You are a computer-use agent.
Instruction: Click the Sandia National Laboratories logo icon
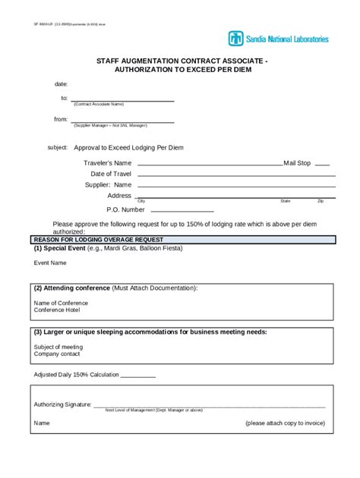(x=236, y=39)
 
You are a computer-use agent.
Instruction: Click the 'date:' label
(x=62, y=83)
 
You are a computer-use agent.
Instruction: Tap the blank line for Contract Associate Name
(x=123, y=100)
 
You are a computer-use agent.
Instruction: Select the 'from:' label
(x=61, y=119)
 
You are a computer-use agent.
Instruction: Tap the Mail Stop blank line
(x=322, y=164)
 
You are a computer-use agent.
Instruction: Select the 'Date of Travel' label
(x=111, y=174)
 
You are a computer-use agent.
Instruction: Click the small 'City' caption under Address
(x=141, y=201)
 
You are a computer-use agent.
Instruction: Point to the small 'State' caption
(x=286, y=201)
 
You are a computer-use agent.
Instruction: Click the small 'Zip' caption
(x=321, y=201)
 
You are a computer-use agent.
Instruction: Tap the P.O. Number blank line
(x=181, y=210)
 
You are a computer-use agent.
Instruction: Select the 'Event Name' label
(x=50, y=263)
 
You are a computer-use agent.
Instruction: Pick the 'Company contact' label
(x=55, y=354)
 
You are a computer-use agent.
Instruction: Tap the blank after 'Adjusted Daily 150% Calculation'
(x=138, y=376)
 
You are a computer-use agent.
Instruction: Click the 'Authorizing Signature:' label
(x=62, y=404)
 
